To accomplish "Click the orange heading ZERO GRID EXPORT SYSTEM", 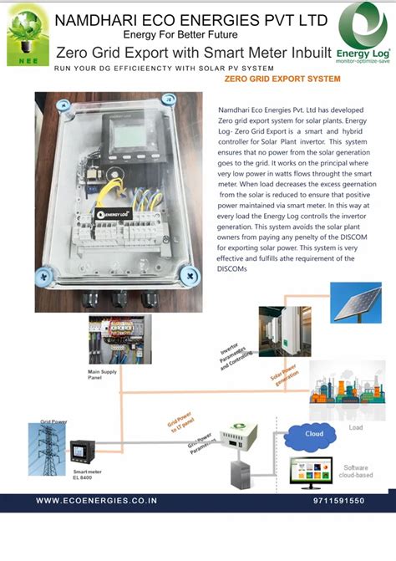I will click(282, 79).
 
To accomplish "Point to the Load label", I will click(355, 427).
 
